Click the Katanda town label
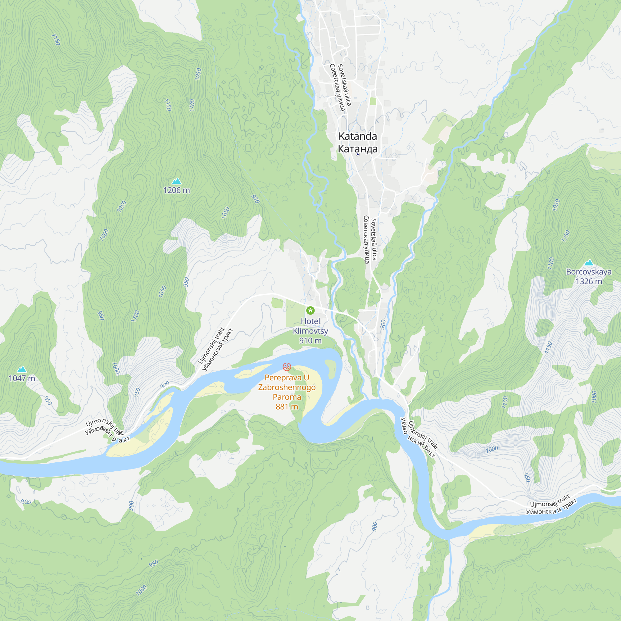[x=357, y=136]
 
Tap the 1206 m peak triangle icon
[x=176, y=181]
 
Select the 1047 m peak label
[x=22, y=378]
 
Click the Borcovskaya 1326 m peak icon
[x=588, y=263]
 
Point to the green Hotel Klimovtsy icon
[x=310, y=310]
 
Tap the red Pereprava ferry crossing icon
[x=287, y=366]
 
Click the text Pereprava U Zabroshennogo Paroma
[x=287, y=387]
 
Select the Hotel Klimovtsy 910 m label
[x=310, y=331]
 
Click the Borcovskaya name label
[x=588, y=272]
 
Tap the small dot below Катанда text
[x=357, y=154]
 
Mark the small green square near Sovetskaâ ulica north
[x=373, y=101]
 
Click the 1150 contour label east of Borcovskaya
[x=548, y=347]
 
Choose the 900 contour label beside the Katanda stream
[x=383, y=324]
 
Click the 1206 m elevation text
[x=176, y=190]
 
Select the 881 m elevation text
[x=287, y=407]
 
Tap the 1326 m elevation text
[x=588, y=281]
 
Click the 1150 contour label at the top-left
[x=56, y=39]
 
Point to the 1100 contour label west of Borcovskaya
[x=551, y=263]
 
